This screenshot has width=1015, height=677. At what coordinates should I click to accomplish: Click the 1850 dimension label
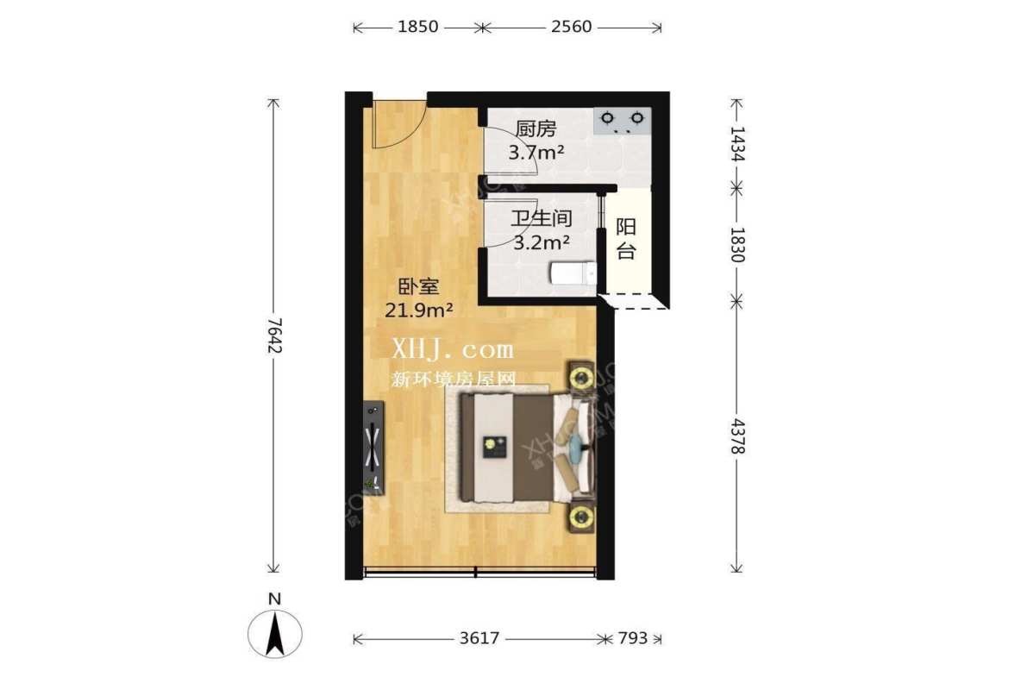[x=420, y=27]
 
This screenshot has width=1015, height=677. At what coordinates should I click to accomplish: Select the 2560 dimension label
[x=571, y=27]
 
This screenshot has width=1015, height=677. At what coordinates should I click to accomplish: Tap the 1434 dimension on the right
[x=736, y=143]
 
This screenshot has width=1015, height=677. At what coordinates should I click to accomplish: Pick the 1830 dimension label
[x=736, y=244]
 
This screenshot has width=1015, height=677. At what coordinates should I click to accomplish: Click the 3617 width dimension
[x=479, y=639]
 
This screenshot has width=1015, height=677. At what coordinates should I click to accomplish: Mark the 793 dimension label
[x=632, y=639]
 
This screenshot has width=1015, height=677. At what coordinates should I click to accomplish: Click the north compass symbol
[x=275, y=634]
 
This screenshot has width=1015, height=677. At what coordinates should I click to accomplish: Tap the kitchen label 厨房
[x=536, y=129]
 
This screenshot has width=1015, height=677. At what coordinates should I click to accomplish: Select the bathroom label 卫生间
[x=542, y=219]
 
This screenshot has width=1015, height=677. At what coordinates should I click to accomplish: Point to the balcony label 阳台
[x=626, y=239]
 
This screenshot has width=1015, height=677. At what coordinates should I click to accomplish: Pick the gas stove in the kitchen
[x=622, y=120]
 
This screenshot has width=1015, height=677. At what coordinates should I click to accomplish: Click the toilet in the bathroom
[x=573, y=273]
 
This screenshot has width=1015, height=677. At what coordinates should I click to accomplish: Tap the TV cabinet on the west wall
[x=373, y=447]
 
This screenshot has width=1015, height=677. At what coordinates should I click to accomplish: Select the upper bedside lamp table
[x=582, y=377]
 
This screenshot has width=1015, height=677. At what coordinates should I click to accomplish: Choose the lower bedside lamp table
[x=582, y=517]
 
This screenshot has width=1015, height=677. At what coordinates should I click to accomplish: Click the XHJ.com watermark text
[x=453, y=349]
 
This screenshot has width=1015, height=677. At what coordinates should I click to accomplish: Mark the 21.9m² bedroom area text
[x=419, y=310]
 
